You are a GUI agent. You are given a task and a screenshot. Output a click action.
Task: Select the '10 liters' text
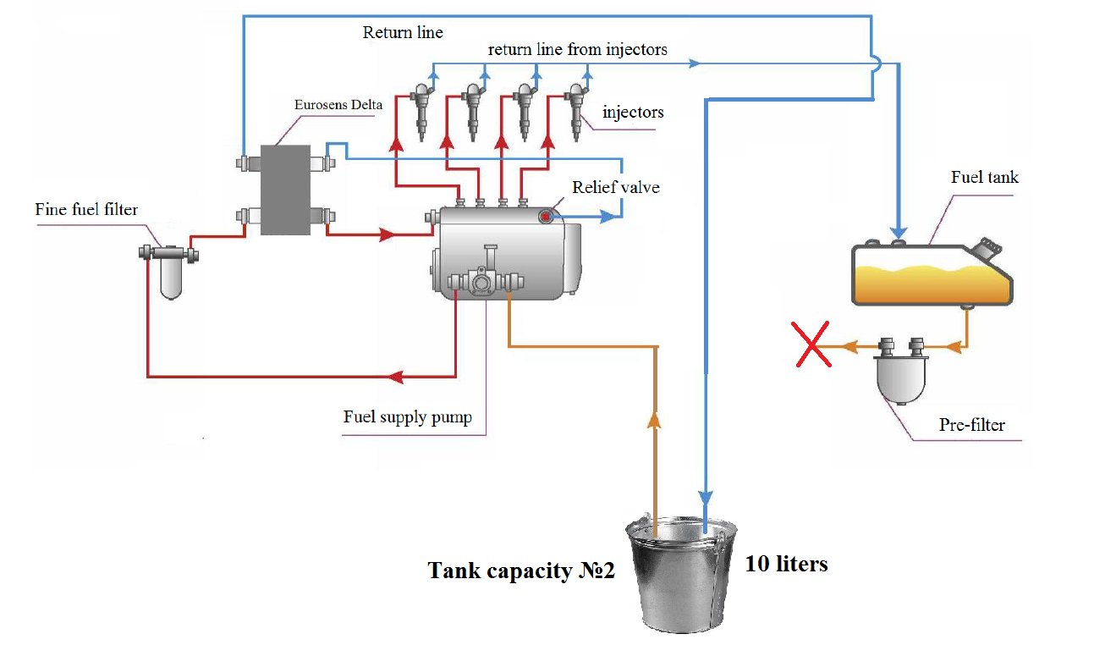786,564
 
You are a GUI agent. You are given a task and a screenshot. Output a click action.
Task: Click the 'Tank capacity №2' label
521,571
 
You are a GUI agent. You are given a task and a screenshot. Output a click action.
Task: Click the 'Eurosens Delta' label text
338,106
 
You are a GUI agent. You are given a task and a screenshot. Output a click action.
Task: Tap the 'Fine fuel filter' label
86,209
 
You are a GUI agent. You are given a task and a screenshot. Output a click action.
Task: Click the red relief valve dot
546,218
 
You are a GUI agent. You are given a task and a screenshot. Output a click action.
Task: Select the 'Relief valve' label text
615,187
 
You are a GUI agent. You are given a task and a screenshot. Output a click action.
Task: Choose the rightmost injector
577,109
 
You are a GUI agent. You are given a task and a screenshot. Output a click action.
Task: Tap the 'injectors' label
633,113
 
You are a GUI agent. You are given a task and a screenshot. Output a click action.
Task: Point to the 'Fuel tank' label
985,177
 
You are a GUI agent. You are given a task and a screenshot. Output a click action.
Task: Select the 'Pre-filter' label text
971,425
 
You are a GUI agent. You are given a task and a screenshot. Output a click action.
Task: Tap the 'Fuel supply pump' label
407,417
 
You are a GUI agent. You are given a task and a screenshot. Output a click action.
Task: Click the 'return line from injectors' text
577,50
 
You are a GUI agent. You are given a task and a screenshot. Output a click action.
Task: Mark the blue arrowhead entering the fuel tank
899,230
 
